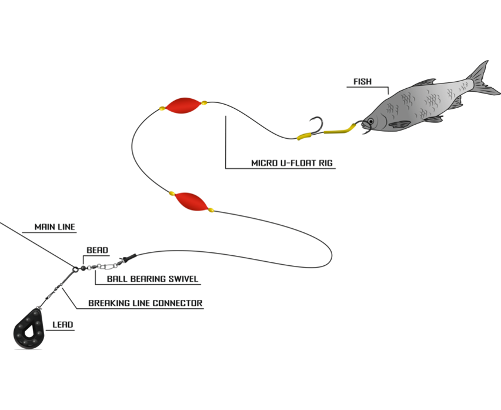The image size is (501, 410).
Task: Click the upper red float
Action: pos(183,105)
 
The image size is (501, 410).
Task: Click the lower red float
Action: pos(190,201)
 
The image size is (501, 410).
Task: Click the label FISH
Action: pos(362,82)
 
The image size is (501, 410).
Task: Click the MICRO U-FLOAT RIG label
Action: pos(292,163)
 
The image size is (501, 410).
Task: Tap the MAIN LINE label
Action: pos(55,227)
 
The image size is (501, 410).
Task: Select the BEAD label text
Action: pos(97,250)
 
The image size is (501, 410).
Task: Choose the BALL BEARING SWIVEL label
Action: pos(153,279)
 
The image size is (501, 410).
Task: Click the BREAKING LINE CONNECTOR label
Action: pos(145,304)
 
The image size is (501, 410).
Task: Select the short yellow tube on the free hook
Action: pos(304,136)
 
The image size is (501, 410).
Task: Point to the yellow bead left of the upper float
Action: pos(162,108)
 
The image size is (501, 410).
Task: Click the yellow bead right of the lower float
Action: pos(211,210)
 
